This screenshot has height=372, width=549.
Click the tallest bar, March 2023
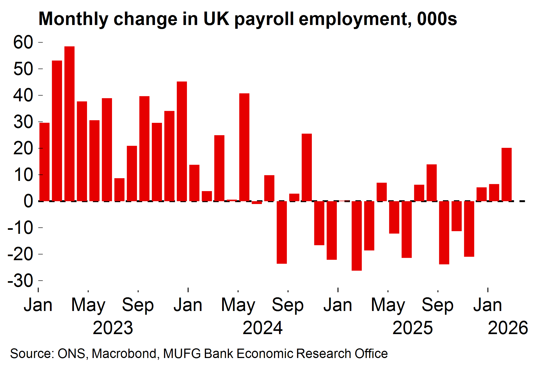point(69,124)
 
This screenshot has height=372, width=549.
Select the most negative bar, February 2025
point(356,236)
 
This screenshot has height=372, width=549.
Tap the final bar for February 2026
point(506,174)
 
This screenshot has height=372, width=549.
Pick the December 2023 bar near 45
point(182,141)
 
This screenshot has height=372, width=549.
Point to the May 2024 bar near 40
point(244,147)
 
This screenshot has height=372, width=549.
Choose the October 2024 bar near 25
point(307,167)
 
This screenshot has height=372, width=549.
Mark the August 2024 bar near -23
point(282,232)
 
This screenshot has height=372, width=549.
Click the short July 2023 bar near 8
point(119,189)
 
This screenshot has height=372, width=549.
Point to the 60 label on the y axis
point(23,42)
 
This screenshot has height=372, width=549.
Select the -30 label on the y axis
point(20,281)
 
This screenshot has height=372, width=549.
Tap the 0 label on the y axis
point(28,201)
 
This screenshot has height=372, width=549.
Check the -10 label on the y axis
point(20,228)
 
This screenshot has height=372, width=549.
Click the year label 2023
point(113,328)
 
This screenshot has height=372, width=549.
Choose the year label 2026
point(508,328)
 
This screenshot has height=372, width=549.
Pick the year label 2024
point(262,328)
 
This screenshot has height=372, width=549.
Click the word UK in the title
point(216,19)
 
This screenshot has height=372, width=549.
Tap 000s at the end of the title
point(437,19)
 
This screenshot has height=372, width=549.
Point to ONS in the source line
point(71,353)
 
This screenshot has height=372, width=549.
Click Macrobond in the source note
point(124,353)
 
